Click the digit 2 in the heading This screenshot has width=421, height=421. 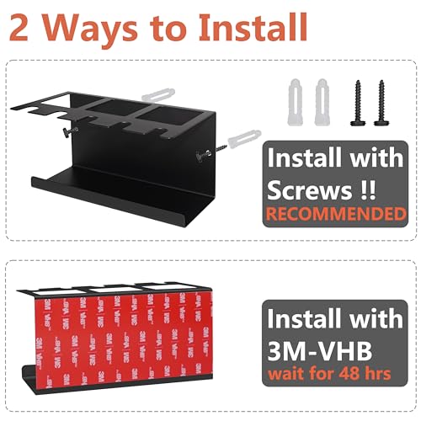click(19, 28)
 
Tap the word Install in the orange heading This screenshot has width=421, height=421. click(253, 28)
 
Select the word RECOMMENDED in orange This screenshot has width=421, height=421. click(336, 214)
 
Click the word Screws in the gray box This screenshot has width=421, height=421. click(309, 190)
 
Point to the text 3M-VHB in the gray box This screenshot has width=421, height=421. click(320, 351)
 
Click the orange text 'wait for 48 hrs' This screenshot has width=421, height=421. click(329, 374)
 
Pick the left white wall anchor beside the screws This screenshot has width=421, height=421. click(295, 102)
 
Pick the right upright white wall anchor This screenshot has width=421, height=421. click(322, 102)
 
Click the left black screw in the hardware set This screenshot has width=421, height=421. click(358, 103)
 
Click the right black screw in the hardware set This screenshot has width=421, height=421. click(381, 103)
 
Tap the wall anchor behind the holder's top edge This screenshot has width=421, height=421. click(158, 94)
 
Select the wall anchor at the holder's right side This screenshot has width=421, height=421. click(244, 139)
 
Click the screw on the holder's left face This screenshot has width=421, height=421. click(70, 131)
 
